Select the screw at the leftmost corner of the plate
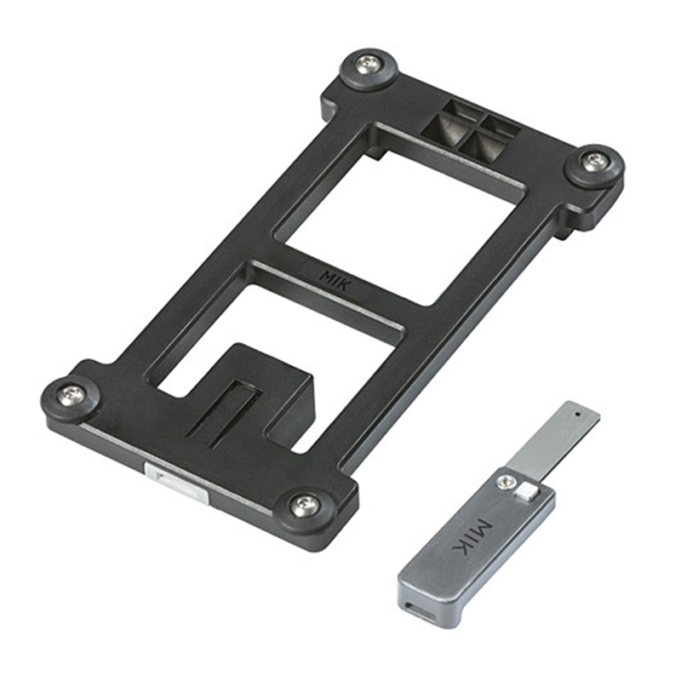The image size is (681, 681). click(72, 394)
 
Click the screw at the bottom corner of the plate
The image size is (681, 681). click(304, 505)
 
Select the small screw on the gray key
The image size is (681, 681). click(506, 483)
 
